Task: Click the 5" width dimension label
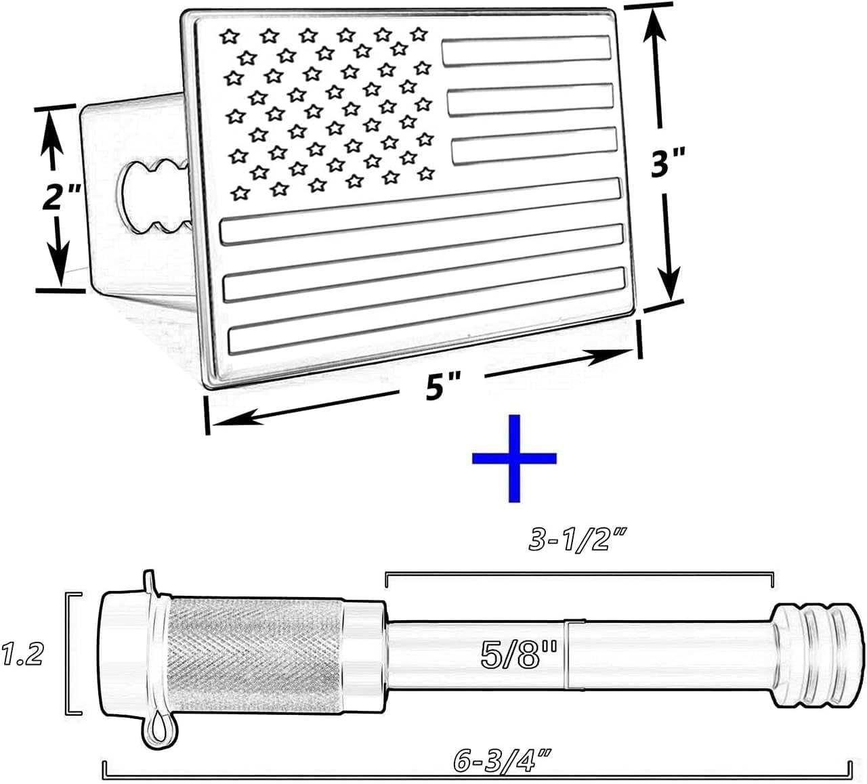point(444,387)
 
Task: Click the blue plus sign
point(514,458)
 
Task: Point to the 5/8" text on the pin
point(519,655)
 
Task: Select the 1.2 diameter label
point(22,654)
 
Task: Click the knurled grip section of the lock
point(254,653)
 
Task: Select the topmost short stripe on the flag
point(526,50)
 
